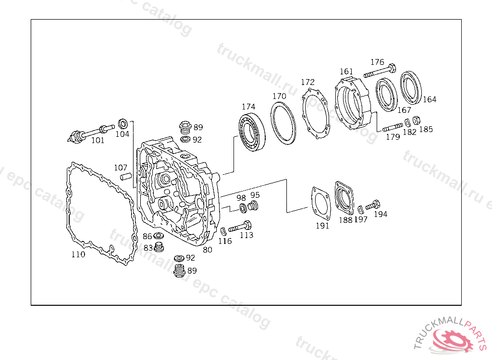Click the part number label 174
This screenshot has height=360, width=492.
click(x=248, y=107)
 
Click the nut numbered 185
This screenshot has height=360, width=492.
click(x=416, y=120)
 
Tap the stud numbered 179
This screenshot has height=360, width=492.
click(x=392, y=128)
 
